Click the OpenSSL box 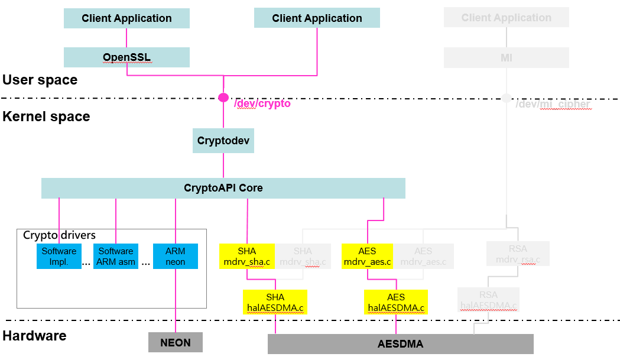pos(126,57)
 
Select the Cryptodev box pos(223,141)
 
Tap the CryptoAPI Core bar pos(223,188)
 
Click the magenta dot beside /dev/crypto pos(223,98)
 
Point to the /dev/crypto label pos(262,103)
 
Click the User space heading pos(40,80)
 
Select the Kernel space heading pos(46,116)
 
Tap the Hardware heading pos(34,336)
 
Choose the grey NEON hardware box pos(175,342)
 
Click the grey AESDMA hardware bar pos(400,343)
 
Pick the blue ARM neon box pos(175,257)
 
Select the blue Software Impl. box pos(59,257)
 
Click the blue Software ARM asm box pos(116,257)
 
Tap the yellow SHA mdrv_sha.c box pos(247,257)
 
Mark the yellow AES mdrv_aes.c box pos(368,257)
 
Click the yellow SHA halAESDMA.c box pos(275,302)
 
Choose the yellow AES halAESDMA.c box pos(396,302)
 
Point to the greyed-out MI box pos(506,57)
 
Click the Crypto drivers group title pos(59,235)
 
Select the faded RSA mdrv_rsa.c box pos(518,254)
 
